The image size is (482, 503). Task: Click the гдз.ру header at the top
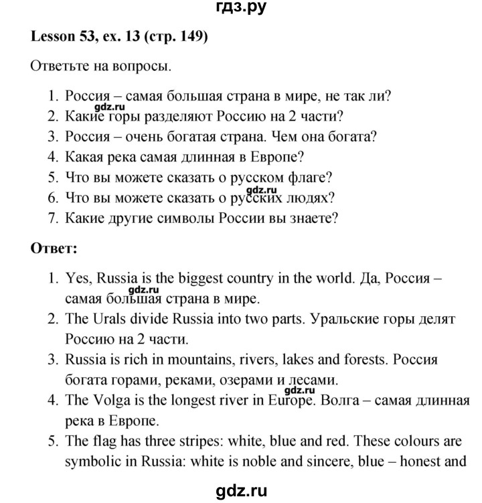coord(240,9)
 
